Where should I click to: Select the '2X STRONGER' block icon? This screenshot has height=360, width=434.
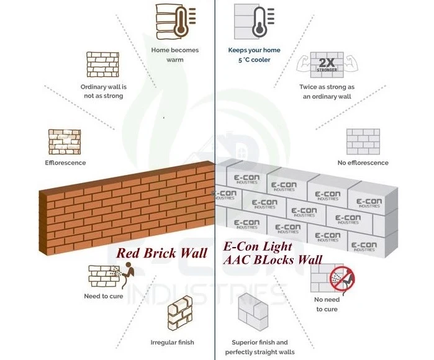click(x=327, y=65)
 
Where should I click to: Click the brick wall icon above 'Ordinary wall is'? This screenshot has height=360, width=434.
click(x=102, y=65)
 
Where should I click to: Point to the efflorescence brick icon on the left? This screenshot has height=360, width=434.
click(x=65, y=142)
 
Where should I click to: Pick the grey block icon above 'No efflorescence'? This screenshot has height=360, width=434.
click(x=363, y=142)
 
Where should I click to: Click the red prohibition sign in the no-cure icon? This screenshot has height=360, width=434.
click(x=342, y=279)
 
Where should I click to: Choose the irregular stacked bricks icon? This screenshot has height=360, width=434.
click(x=180, y=313)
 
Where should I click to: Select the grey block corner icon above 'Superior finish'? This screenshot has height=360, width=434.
click(x=253, y=312)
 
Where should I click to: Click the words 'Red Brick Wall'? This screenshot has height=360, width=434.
click(x=161, y=253)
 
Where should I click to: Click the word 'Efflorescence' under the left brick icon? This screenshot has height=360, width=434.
click(x=65, y=163)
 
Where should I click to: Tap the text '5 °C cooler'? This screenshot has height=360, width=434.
click(x=254, y=60)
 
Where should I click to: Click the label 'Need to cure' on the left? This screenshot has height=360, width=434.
click(x=104, y=296)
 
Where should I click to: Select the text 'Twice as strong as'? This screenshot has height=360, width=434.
click(x=327, y=87)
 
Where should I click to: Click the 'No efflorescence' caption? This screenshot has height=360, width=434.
click(x=363, y=163)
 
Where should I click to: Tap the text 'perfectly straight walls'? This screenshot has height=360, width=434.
click(x=260, y=352)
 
